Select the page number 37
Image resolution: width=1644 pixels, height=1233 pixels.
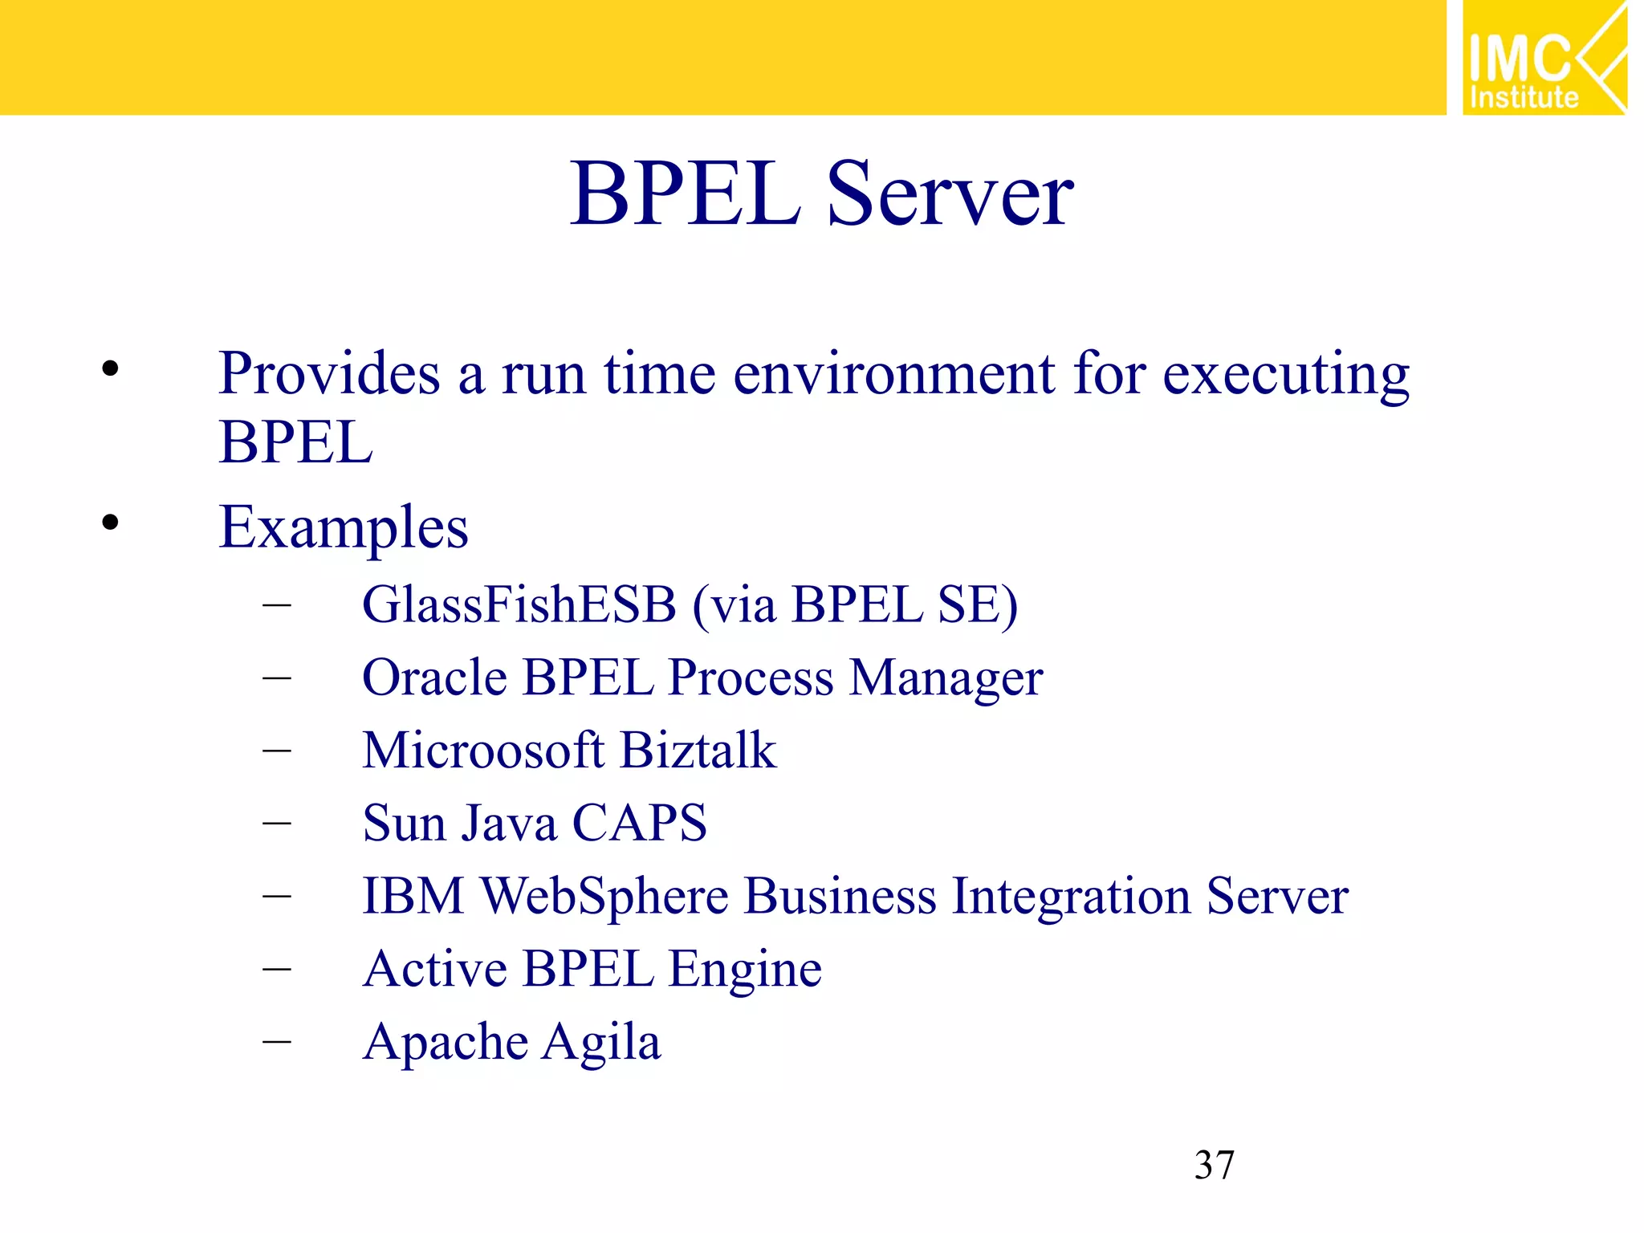tap(1214, 1165)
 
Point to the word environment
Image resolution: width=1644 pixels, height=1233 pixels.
tap(893, 374)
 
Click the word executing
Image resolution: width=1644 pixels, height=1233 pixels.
tap(1286, 376)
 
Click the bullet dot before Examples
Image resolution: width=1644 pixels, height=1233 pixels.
tap(110, 523)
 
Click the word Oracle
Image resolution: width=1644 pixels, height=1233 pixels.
tap(433, 678)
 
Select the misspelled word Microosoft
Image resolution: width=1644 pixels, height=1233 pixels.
tap(482, 751)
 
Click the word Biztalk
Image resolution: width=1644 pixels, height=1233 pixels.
tap(698, 751)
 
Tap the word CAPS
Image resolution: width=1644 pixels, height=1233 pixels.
tap(639, 824)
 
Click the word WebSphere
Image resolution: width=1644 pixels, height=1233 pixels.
tap(604, 897)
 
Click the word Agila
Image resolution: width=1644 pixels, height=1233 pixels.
tap(601, 1043)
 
